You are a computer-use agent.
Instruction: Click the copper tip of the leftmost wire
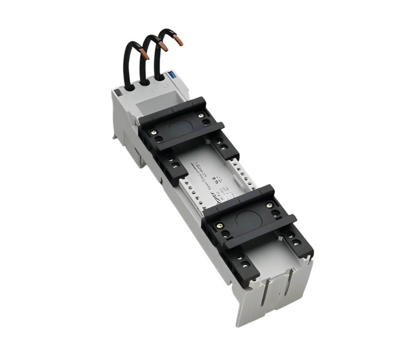click(x=146, y=55)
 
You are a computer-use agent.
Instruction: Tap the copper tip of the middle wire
click(x=163, y=47)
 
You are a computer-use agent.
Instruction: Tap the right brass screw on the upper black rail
click(x=200, y=115)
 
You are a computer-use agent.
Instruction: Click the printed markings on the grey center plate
click(x=212, y=180)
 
